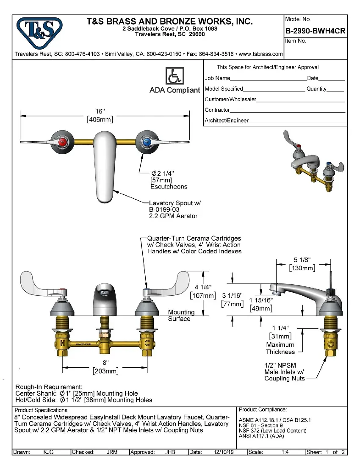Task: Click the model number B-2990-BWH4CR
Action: pos(316,31)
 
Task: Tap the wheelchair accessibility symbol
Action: pos(174,76)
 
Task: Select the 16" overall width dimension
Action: pos(100,111)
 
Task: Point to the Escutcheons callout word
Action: pos(169,186)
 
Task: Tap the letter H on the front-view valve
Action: pos(62,342)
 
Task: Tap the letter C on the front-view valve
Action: pos(146,342)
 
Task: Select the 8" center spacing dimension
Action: pos(105,363)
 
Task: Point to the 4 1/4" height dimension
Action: pos(203,288)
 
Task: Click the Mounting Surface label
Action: pos(181,315)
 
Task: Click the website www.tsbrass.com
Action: pos(261,54)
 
